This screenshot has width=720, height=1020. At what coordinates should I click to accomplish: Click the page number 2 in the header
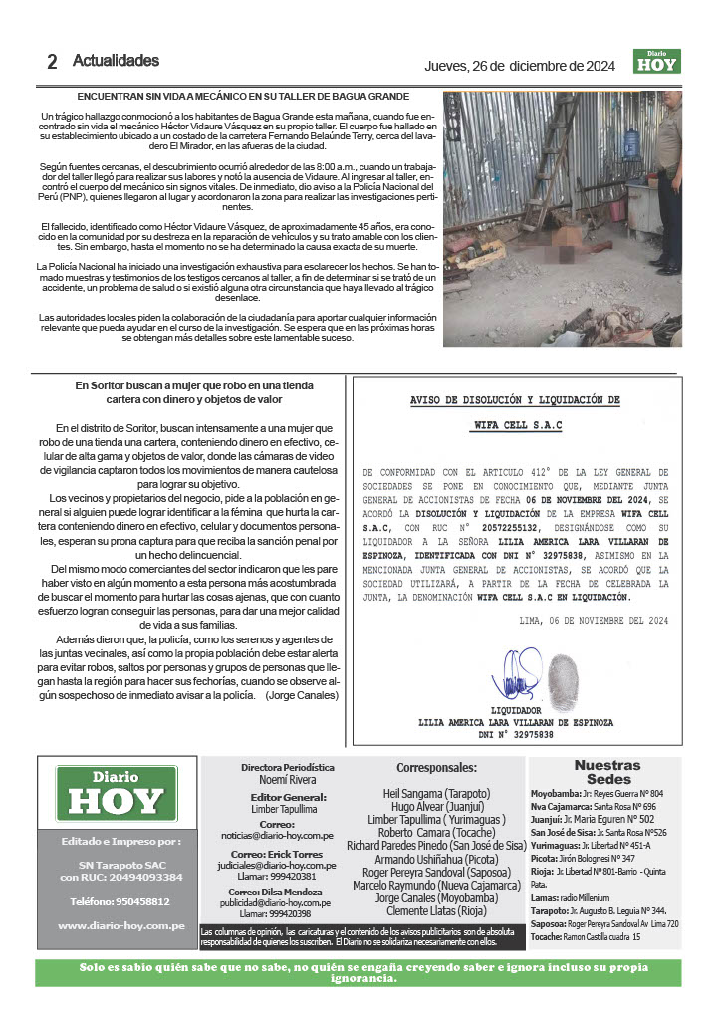pos(51,61)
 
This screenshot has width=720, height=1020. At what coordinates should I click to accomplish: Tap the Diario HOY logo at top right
pos(656,62)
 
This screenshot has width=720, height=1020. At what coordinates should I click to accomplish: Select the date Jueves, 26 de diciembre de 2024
pos(521,66)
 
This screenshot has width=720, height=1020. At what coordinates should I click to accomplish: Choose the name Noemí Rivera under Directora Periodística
pos(287,780)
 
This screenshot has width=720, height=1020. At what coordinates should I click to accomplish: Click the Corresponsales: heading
pos(436,768)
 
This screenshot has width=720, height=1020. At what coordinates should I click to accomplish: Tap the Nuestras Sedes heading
pos(607,771)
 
